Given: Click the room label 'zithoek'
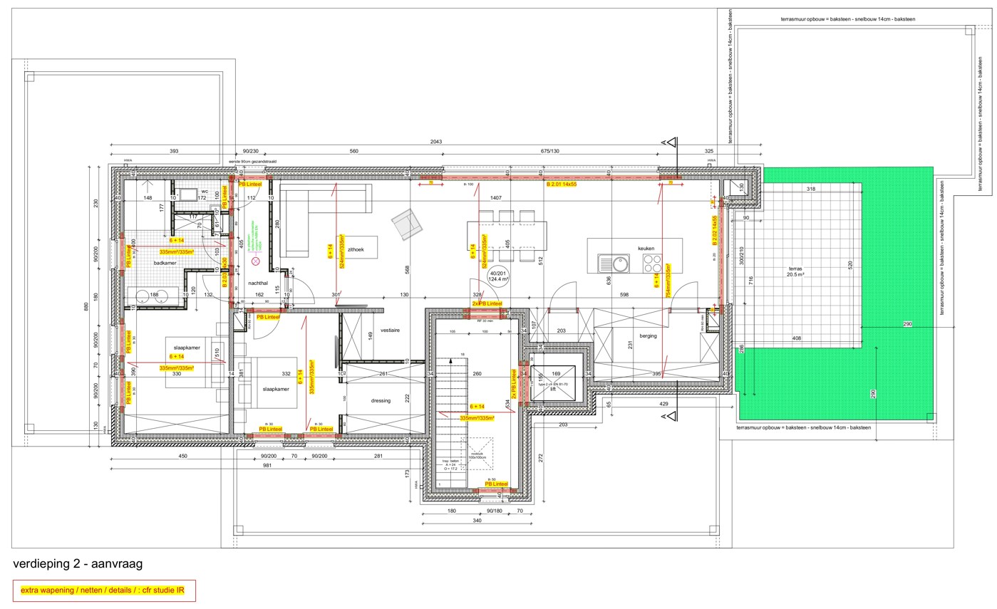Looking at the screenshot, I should [x=356, y=249].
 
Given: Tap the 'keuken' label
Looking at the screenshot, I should [x=646, y=249].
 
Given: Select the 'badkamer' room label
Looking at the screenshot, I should [x=165, y=263].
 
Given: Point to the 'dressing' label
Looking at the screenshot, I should [x=381, y=400].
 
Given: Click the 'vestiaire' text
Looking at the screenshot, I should [x=390, y=330].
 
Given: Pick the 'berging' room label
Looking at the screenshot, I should [x=648, y=335].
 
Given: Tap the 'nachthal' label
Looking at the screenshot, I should [x=257, y=283].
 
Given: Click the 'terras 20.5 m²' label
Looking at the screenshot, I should [x=795, y=271].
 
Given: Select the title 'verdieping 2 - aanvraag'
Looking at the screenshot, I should [x=78, y=564].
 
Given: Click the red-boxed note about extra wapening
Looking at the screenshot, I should [x=104, y=590].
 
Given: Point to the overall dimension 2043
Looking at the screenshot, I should [x=435, y=142].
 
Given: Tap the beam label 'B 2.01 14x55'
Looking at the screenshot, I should [x=561, y=184].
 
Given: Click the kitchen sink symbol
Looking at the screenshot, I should [x=614, y=264].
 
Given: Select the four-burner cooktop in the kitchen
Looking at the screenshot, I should [x=653, y=264].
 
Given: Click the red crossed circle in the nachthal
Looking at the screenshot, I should [x=256, y=261].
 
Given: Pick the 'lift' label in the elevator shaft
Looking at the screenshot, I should [x=552, y=389].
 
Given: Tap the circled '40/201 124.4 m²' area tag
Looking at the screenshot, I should [x=498, y=276].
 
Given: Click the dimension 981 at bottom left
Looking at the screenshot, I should [x=267, y=466].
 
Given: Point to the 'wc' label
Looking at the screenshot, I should [x=205, y=192].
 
